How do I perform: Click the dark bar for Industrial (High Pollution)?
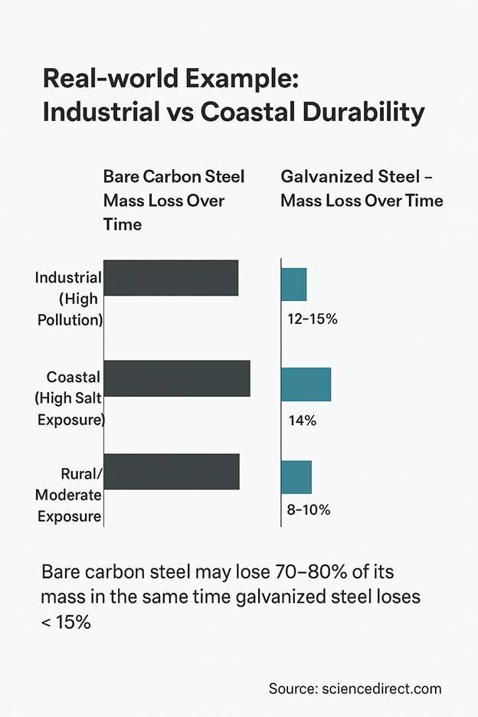click(x=170, y=277)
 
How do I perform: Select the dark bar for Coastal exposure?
click(x=176, y=378)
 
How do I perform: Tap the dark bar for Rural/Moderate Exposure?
click(x=171, y=471)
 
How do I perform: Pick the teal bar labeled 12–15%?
click(x=294, y=284)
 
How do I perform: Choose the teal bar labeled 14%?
click(x=306, y=384)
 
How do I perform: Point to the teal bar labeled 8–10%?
click(x=296, y=477)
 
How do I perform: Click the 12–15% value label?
click(x=309, y=319)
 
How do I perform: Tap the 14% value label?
click(x=303, y=420)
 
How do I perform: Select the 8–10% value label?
click(x=305, y=509)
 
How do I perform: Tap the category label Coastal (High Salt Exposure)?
click(x=69, y=398)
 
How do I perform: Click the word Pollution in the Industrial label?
click(x=70, y=319)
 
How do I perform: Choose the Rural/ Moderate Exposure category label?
click(x=69, y=496)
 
